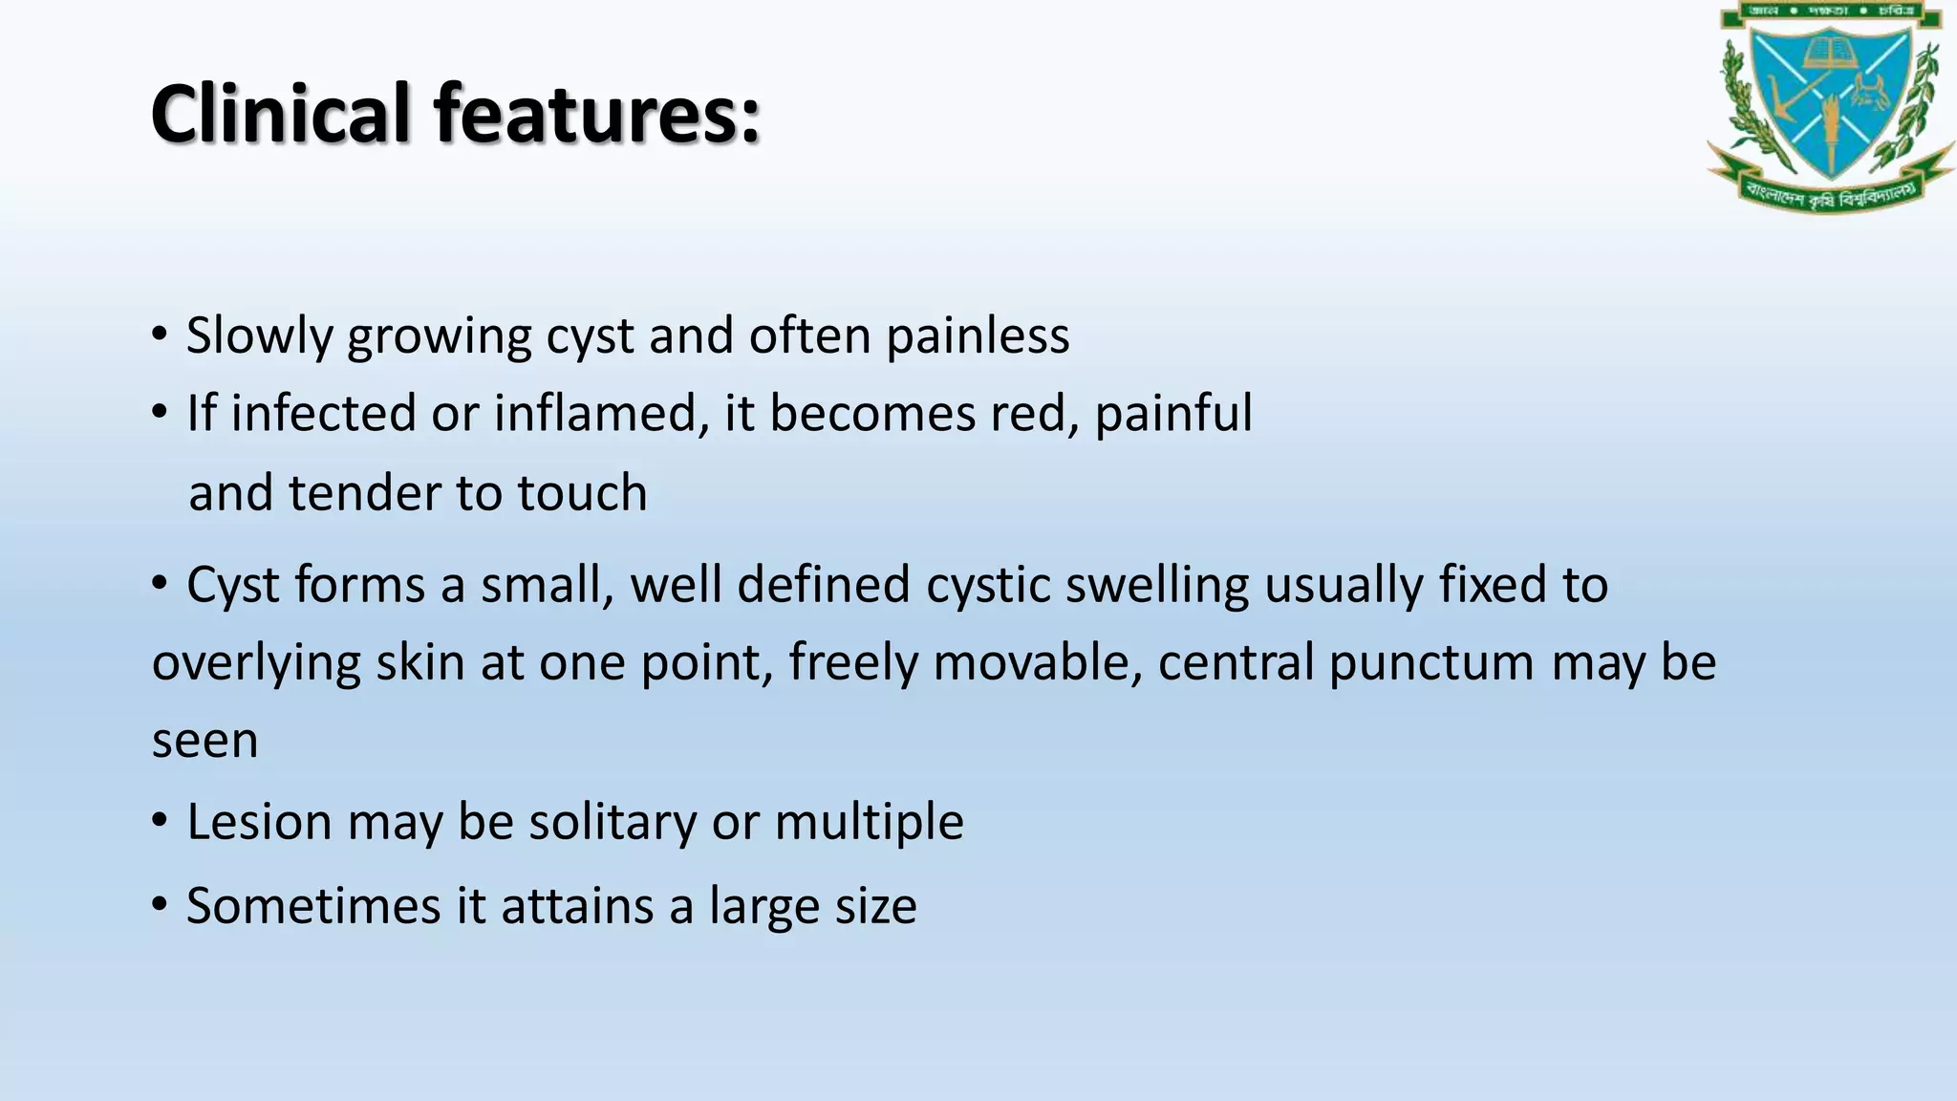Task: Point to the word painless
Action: coord(977,336)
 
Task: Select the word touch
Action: coord(582,493)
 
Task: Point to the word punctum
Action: coord(1430,662)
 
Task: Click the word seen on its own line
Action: coord(204,741)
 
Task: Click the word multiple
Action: coord(869,822)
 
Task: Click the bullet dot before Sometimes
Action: coord(160,903)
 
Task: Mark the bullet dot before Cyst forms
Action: coord(160,582)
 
